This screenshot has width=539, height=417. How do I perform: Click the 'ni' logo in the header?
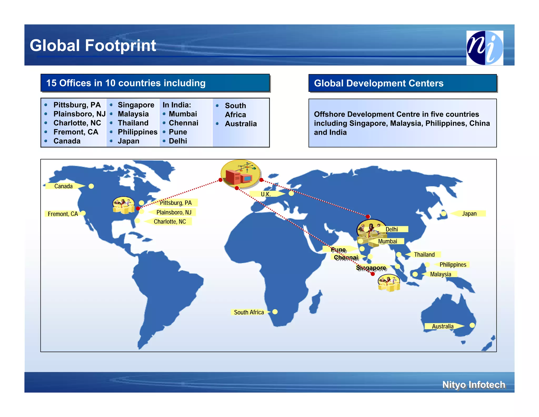click(485, 48)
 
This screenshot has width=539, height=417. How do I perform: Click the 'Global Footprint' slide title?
click(93, 45)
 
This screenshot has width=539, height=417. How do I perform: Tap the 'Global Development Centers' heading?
click(378, 83)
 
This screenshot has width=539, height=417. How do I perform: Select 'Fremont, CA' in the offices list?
click(76, 132)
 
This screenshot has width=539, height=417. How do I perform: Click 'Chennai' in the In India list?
click(183, 123)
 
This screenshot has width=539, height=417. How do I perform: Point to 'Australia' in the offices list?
click(241, 124)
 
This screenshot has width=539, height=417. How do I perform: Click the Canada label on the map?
click(63, 186)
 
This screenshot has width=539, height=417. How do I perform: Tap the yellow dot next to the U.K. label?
click(291, 193)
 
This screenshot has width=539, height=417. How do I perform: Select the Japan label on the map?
click(469, 214)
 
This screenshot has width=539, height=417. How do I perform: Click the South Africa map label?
click(249, 312)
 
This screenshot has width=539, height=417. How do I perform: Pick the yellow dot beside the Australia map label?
click(472, 325)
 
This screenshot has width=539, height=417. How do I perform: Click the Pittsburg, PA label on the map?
click(176, 203)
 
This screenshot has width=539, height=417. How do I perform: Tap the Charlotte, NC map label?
click(170, 222)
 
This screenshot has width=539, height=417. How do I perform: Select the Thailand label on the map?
click(424, 255)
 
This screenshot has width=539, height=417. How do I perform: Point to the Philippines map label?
click(453, 265)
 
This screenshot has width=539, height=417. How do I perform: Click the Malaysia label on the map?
click(440, 274)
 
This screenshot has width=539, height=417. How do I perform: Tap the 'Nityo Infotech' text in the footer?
click(473, 385)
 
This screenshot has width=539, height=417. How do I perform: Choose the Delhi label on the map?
click(392, 229)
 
